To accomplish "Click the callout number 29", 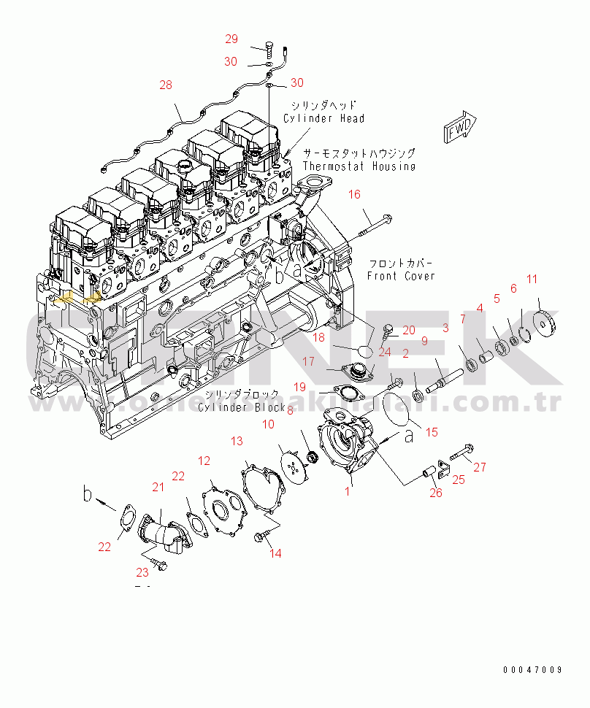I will pyautogui.click(x=231, y=39).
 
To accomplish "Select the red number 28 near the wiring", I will pyautogui.click(x=166, y=85).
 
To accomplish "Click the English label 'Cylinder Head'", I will pyautogui.click(x=323, y=118).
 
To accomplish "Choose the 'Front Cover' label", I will pyautogui.click(x=401, y=276).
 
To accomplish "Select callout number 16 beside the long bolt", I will pyautogui.click(x=354, y=194).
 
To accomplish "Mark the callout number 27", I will pyautogui.click(x=480, y=468).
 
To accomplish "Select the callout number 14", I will pyautogui.click(x=275, y=553).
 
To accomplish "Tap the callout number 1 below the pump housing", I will pyautogui.click(x=348, y=491).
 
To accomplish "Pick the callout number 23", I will pyautogui.click(x=142, y=572).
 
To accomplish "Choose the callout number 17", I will pyautogui.click(x=308, y=361).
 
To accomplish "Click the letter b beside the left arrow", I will pyautogui.click(x=87, y=496).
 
